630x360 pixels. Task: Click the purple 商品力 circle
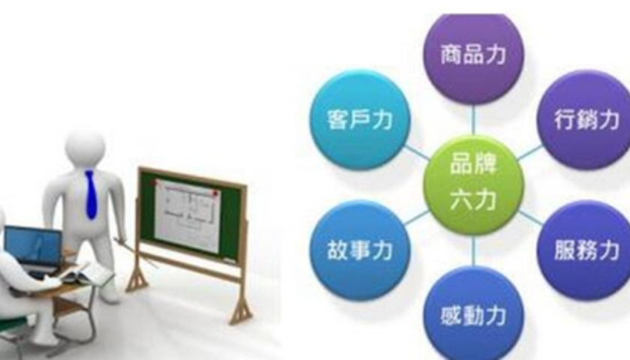[x=473, y=56]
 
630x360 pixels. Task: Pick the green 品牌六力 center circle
[x=473, y=184]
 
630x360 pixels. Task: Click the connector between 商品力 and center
[x=473, y=120]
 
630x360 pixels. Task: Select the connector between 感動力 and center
[x=473, y=250]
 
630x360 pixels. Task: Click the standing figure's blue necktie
[x=91, y=194]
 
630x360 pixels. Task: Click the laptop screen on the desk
[x=34, y=246]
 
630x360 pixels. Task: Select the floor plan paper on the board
[x=187, y=214]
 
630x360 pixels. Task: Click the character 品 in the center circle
[x=462, y=164]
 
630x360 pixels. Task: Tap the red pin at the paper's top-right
[x=216, y=193]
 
